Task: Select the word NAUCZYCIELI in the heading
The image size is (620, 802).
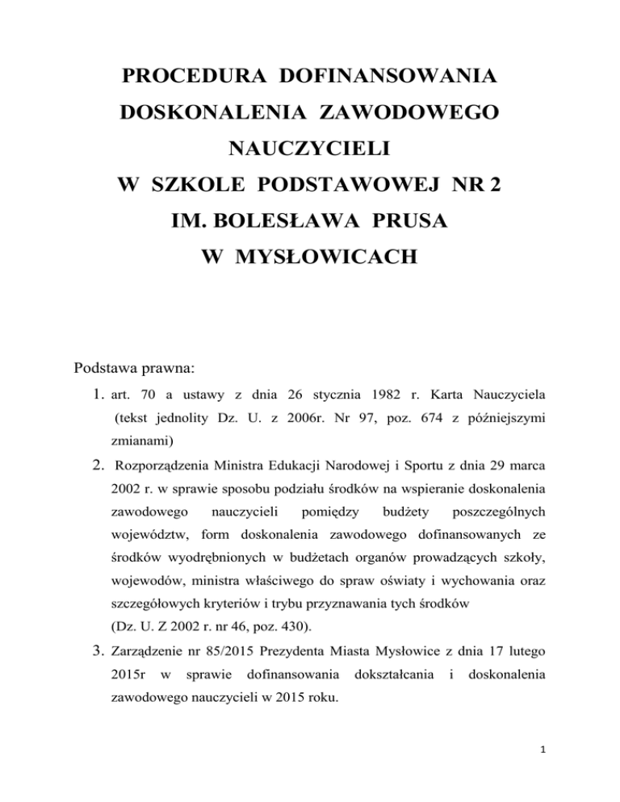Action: (309, 149)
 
